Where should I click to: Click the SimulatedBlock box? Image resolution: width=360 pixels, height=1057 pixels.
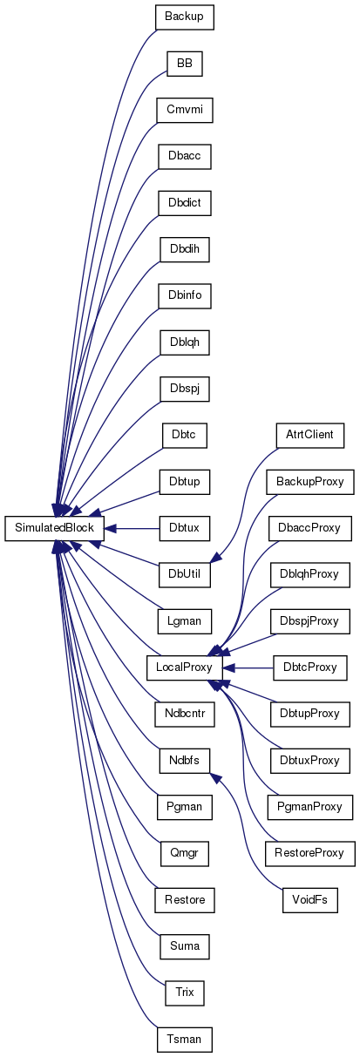(x=54, y=528)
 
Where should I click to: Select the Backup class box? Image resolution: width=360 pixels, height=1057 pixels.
(x=185, y=17)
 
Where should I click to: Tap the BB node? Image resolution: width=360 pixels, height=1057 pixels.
(x=185, y=64)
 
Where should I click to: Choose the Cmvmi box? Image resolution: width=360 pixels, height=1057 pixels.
(x=185, y=110)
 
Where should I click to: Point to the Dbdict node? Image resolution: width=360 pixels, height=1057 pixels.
(x=185, y=203)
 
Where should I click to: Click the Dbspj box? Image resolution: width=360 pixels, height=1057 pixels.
(x=185, y=389)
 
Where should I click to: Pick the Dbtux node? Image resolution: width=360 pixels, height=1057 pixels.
(x=185, y=528)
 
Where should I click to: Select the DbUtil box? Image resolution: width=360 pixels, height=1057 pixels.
(x=185, y=574)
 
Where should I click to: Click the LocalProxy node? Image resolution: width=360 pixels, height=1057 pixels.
(x=185, y=667)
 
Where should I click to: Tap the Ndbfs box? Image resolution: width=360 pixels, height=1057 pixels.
(x=185, y=761)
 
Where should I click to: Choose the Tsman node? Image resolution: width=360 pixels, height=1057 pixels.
(x=185, y=1039)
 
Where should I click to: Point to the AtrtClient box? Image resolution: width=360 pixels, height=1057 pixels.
(x=310, y=436)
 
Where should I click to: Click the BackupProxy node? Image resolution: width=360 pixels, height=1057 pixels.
(x=310, y=482)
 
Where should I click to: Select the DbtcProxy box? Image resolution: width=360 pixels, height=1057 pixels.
(x=310, y=667)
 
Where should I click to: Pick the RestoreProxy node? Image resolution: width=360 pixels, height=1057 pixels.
(x=310, y=853)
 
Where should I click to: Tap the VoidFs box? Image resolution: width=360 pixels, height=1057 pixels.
(x=310, y=900)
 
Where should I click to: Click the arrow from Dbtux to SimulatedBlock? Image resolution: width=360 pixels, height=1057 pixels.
(x=132, y=528)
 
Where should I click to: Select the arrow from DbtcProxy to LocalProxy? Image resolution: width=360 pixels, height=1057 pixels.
(x=248, y=667)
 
